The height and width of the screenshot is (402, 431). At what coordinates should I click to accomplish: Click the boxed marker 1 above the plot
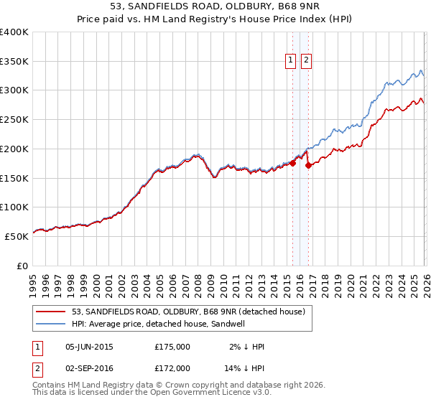292,61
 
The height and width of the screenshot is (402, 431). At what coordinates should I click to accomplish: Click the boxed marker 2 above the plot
307,61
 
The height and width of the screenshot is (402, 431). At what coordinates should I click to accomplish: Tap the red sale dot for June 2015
293,163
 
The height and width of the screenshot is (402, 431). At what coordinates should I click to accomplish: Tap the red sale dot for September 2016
309,165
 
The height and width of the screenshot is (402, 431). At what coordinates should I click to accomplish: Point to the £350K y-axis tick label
14,62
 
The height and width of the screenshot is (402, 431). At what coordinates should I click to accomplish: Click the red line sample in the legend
52,312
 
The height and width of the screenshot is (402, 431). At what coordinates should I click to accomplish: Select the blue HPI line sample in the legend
52,324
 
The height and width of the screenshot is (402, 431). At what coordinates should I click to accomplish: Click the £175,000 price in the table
172,347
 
